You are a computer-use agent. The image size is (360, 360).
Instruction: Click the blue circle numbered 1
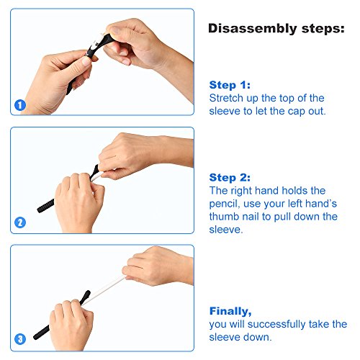tap(20, 105)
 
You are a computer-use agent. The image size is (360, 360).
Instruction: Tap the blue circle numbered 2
tap(20, 222)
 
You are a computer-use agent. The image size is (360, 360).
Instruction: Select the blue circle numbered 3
tap(20, 339)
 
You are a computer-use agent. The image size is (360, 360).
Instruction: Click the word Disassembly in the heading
tap(253, 29)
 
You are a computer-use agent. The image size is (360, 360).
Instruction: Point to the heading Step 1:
tap(230, 85)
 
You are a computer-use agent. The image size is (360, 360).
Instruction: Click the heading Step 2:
tap(230, 178)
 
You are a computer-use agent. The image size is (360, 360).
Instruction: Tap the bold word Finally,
tap(230, 311)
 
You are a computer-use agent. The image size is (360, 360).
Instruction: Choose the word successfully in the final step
tap(276, 324)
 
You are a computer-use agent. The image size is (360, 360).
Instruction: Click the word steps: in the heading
tap(323, 29)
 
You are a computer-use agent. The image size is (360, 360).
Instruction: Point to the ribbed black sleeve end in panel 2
tap(45, 206)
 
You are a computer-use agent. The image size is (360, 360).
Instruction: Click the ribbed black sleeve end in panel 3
tap(41, 333)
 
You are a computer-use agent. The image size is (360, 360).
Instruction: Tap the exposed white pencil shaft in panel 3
tap(106, 289)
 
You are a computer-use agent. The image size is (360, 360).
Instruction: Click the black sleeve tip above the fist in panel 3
tap(86, 297)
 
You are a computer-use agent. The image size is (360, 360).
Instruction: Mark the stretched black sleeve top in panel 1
tap(99, 45)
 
